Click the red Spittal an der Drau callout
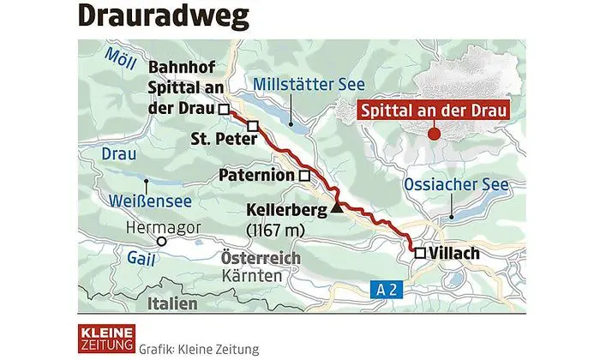[431, 109]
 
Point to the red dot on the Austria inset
[434, 134]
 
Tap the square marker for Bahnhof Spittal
[223, 110]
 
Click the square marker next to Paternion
[303, 176]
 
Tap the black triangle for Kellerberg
[337, 207]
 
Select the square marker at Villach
[419, 253]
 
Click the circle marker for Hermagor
[160, 242]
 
